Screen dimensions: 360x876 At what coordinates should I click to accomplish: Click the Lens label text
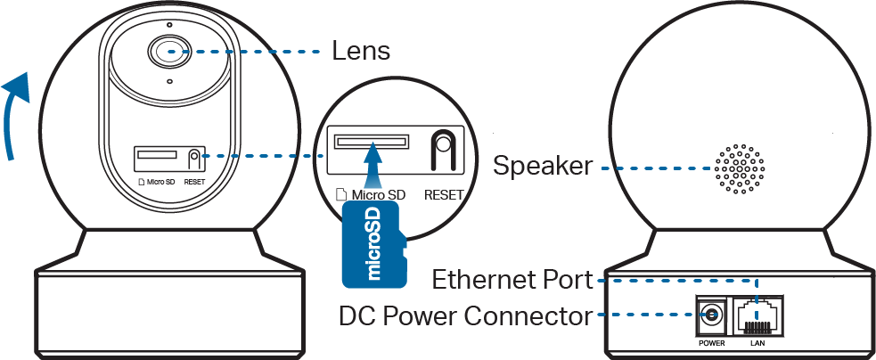pos(361,50)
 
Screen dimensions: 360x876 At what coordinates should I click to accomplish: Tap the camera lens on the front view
pos(170,52)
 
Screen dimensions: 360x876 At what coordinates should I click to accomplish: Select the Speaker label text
pos(544,166)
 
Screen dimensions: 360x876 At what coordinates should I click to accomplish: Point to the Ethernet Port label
pos(512,281)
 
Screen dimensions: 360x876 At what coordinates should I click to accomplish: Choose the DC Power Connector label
pos(465,315)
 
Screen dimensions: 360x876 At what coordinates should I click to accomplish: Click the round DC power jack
pos(711,315)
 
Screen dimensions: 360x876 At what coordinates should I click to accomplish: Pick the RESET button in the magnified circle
pos(442,152)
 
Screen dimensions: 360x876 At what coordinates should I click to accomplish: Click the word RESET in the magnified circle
pos(444,194)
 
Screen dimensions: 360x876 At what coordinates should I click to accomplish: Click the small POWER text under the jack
pos(711,342)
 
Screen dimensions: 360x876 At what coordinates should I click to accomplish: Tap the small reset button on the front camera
pos(194,159)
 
